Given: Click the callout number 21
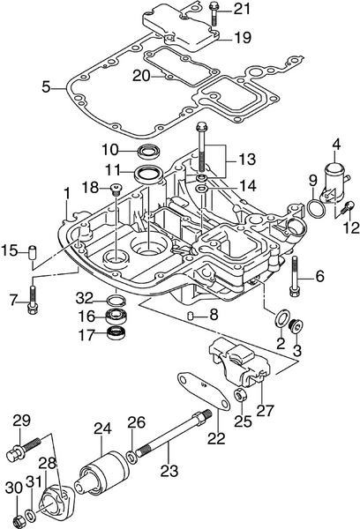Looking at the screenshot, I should (x=242, y=10).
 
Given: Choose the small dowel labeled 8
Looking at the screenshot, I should (x=190, y=315).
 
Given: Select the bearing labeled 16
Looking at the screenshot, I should (x=116, y=316).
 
